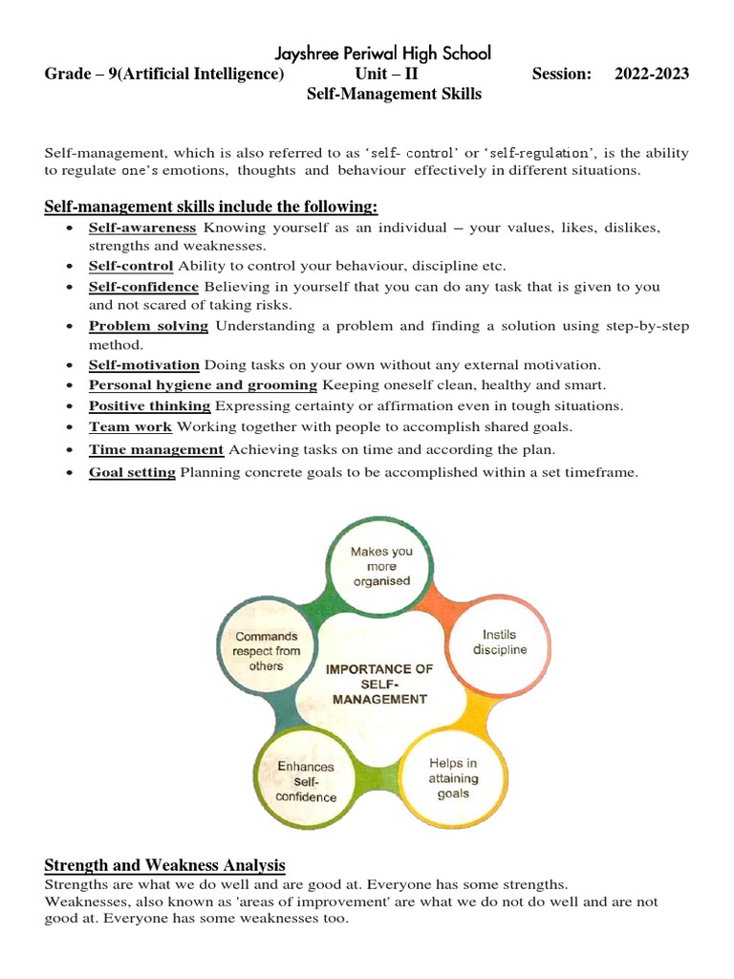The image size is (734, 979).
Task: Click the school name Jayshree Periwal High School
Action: click(382, 54)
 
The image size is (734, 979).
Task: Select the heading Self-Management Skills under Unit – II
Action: click(393, 94)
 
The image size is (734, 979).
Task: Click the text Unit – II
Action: click(385, 74)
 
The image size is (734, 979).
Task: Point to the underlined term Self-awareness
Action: click(142, 228)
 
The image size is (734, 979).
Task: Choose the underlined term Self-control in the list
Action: click(131, 266)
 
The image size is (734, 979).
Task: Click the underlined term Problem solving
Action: click(148, 326)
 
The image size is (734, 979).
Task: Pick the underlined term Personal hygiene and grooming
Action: click(203, 385)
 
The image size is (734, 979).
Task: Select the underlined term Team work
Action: click(130, 426)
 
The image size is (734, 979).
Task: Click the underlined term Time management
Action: click(156, 449)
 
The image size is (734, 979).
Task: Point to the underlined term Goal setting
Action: click(132, 472)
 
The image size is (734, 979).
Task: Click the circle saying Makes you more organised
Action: click(380, 565)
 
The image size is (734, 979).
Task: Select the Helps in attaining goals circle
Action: click(453, 778)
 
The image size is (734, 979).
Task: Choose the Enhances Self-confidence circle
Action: click(306, 781)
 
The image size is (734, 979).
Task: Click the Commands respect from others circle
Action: click(266, 651)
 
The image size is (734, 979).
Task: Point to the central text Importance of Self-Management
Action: click(379, 684)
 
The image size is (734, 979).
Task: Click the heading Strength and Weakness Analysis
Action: click(164, 866)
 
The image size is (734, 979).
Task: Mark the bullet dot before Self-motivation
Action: click(72, 365)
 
